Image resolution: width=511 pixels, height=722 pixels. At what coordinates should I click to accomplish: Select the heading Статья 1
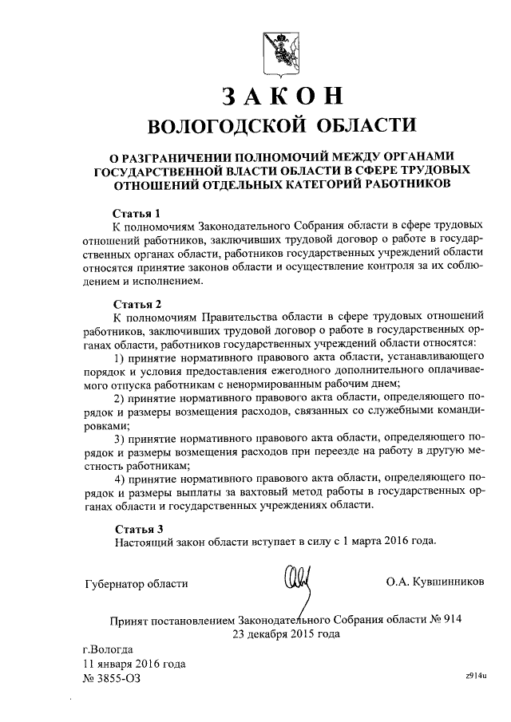click(x=137, y=213)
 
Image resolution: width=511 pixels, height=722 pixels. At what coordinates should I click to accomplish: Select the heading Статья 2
click(x=137, y=304)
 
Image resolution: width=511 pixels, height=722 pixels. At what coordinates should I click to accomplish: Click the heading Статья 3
click(x=137, y=527)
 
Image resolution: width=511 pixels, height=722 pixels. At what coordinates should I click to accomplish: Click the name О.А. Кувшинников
click(x=434, y=582)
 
